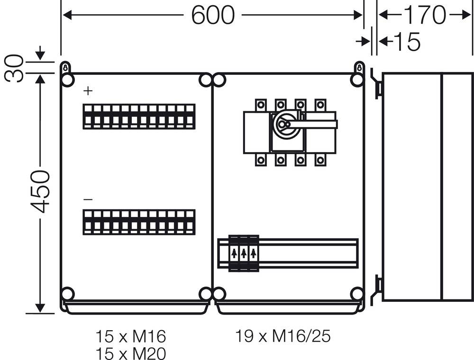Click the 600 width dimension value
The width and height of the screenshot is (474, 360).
[213, 15]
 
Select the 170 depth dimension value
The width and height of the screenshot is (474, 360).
[424, 15]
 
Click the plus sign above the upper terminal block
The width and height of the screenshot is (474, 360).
[88, 91]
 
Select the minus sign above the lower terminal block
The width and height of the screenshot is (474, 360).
[88, 200]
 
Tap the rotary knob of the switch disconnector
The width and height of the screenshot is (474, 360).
[283, 125]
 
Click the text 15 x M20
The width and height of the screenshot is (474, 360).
[131, 353]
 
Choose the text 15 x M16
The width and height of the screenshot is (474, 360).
[131, 337]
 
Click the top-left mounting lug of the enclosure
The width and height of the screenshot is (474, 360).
[66, 68]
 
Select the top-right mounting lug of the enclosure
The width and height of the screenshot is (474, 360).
[359, 68]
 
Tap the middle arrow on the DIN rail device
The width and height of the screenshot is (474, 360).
[244, 253]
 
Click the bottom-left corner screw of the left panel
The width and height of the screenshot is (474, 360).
[68, 294]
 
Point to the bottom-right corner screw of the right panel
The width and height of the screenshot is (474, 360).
[357, 294]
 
